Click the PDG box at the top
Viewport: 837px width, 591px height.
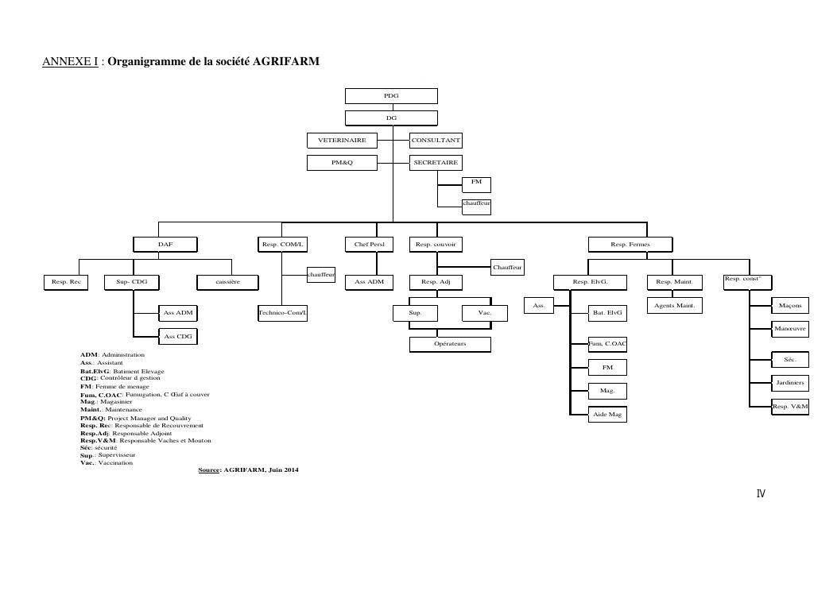(x=391, y=96)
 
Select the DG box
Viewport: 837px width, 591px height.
(x=391, y=118)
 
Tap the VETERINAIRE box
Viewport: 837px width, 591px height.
(x=342, y=141)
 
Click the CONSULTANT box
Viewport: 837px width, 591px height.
(x=436, y=141)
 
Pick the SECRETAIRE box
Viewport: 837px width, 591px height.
(x=436, y=163)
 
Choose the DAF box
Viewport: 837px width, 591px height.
(x=165, y=245)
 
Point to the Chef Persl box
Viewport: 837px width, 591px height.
(x=369, y=245)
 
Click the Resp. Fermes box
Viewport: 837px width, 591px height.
(x=630, y=245)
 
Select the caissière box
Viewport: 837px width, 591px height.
(x=227, y=281)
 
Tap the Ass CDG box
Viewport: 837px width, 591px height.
(x=178, y=337)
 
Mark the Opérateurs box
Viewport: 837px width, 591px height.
(x=450, y=344)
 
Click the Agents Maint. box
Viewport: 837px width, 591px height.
(x=674, y=305)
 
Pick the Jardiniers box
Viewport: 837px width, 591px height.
(x=789, y=383)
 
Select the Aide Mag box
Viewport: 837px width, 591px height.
(x=606, y=415)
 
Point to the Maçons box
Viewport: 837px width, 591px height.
(x=789, y=305)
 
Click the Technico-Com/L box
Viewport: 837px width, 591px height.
(x=282, y=314)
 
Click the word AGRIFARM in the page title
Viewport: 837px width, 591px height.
(x=286, y=61)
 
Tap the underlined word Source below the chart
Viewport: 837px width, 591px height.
(x=208, y=470)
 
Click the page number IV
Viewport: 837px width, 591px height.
(x=761, y=494)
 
